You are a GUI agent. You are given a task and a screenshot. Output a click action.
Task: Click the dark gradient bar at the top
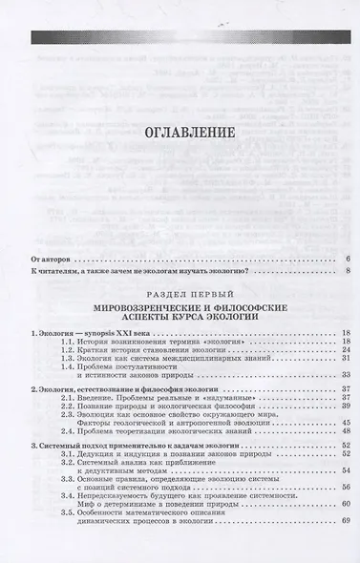pyautogui.click(x=180, y=36)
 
